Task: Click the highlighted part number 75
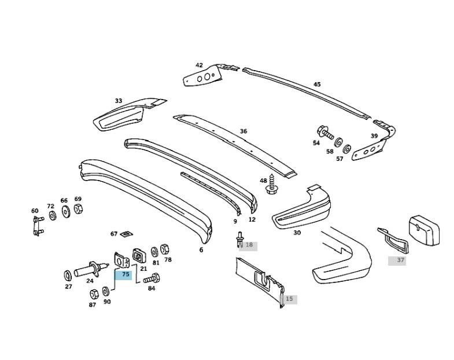[x=126, y=274]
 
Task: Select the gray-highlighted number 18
[x=249, y=245]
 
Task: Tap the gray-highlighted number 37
[x=400, y=260]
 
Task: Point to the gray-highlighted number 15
[x=289, y=299]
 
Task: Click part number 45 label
[x=317, y=85]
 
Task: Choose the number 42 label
[x=199, y=65]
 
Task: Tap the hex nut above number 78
[x=164, y=249]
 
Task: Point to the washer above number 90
[x=106, y=291]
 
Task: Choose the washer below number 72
[x=53, y=216]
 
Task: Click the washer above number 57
[x=347, y=148]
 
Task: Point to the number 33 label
[x=119, y=101]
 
